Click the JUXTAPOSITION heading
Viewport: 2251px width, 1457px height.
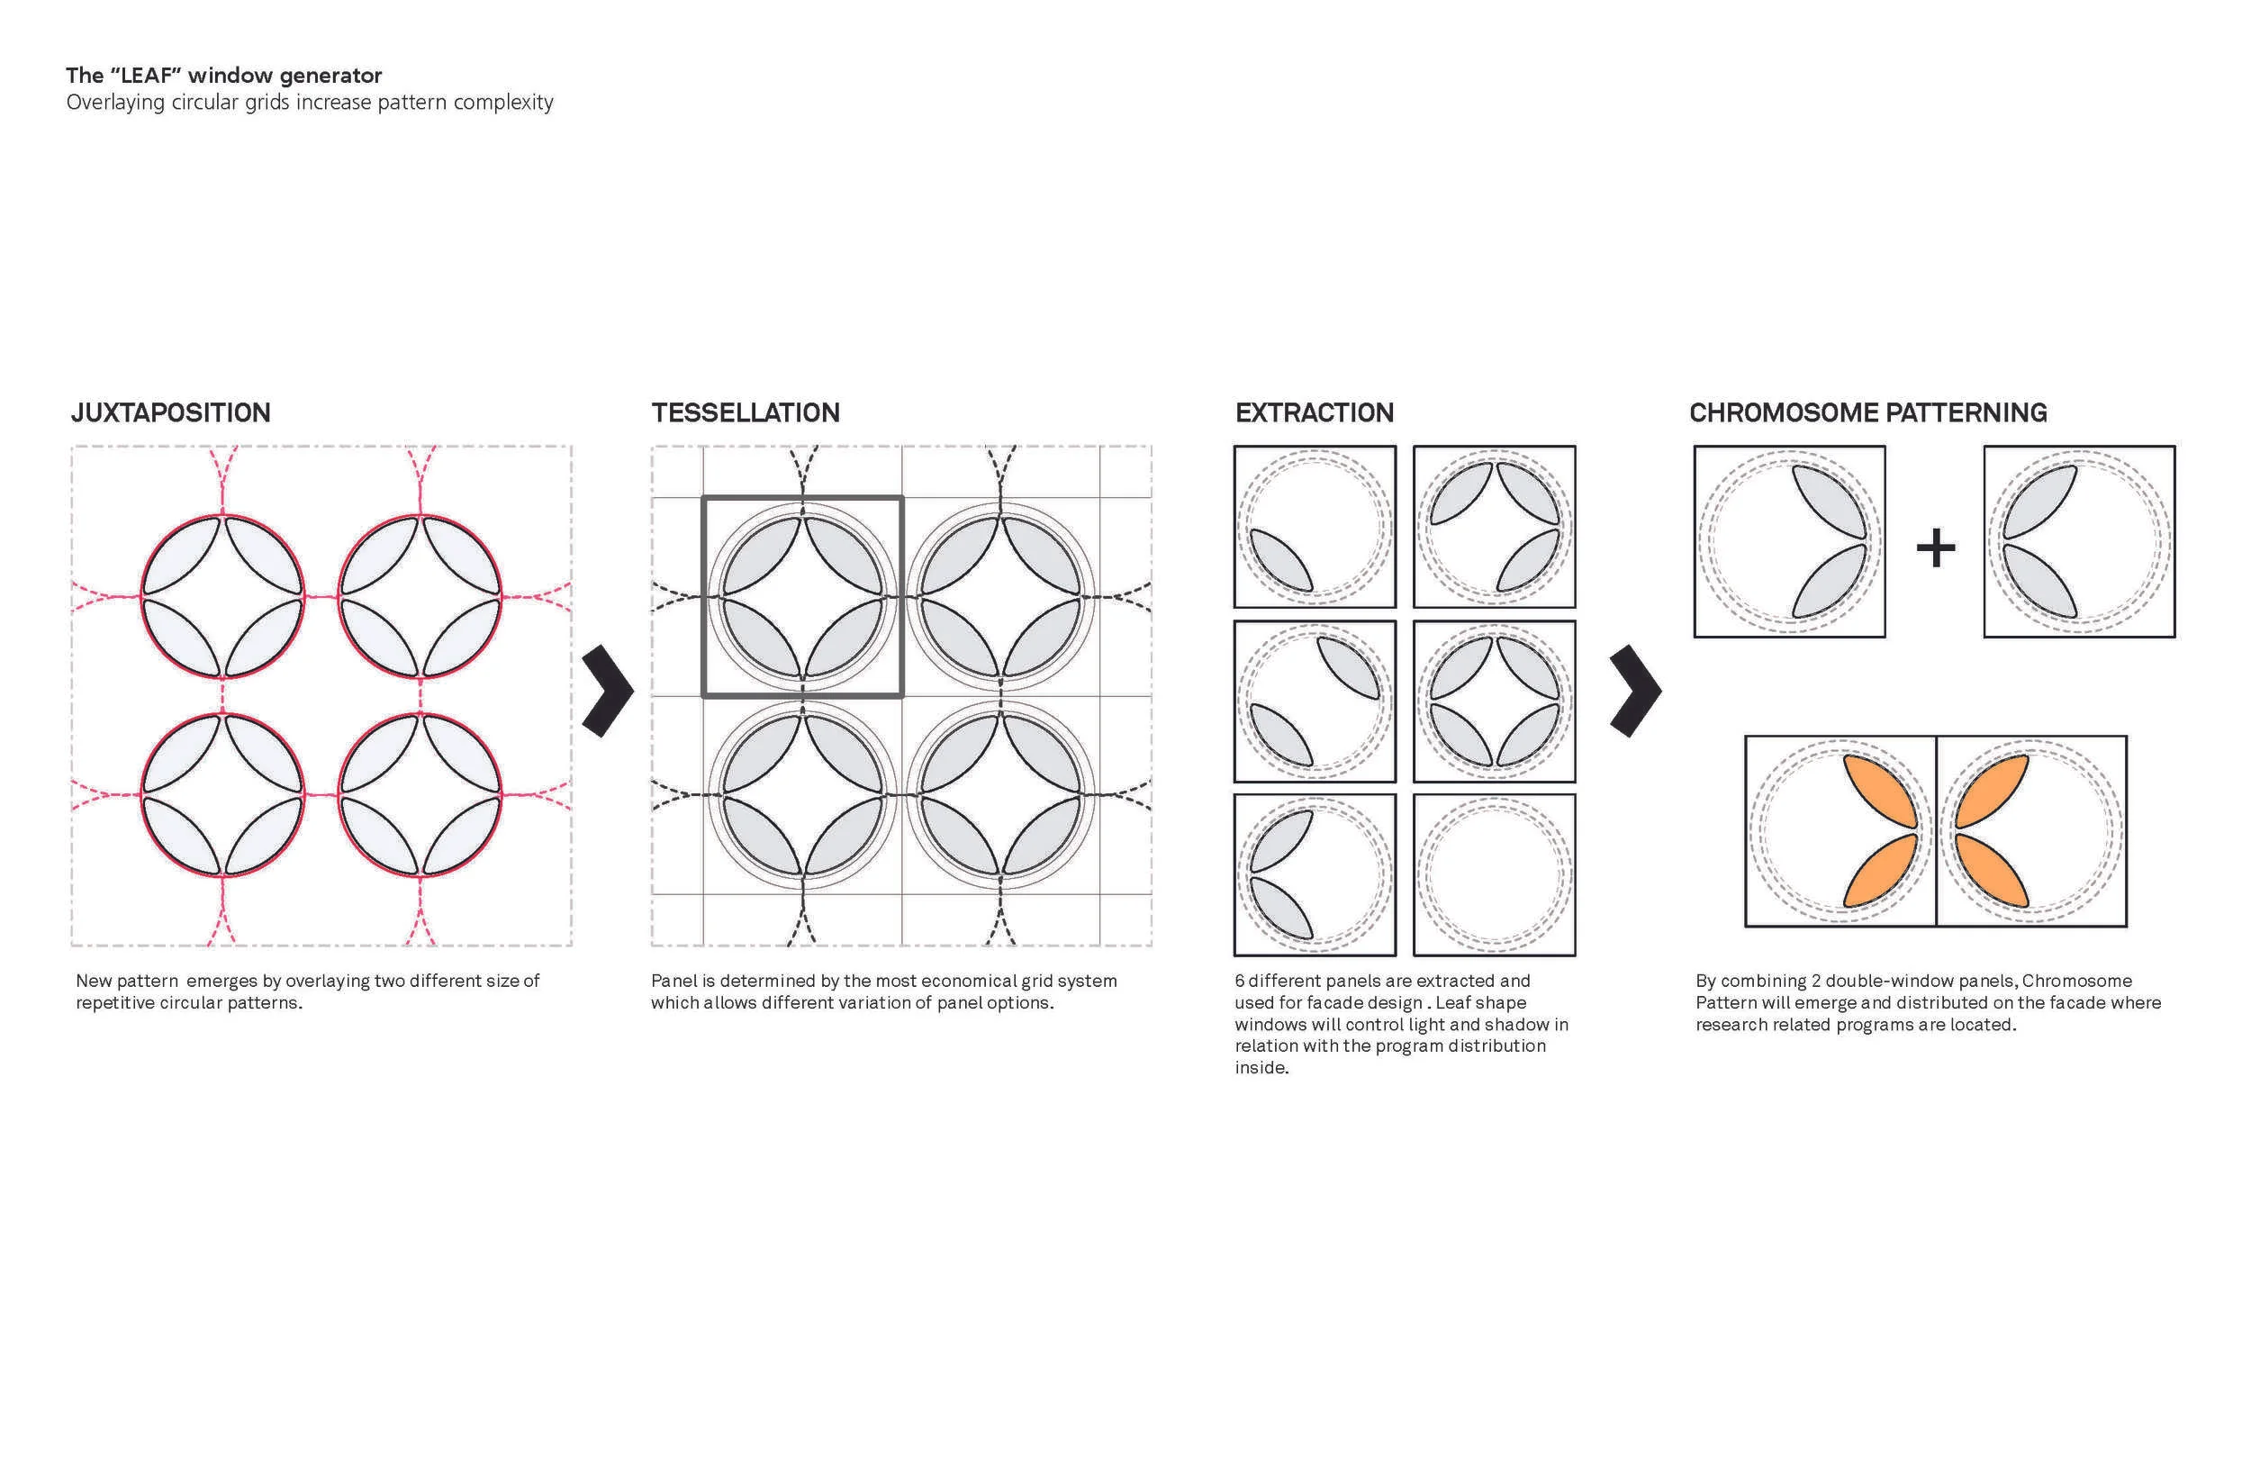coord(170,412)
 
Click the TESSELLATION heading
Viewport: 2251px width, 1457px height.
coord(746,412)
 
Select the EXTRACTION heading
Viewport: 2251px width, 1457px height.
coord(1314,412)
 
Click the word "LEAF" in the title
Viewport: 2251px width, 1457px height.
coord(146,76)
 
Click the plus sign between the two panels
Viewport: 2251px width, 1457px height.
coord(1935,548)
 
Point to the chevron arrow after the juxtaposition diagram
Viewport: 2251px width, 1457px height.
coord(607,691)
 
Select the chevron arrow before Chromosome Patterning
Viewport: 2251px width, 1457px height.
coord(1635,691)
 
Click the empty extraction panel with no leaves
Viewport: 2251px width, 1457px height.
coord(1495,874)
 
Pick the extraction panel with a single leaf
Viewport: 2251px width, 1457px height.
coord(1315,526)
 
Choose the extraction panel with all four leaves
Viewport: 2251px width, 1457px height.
coord(1495,701)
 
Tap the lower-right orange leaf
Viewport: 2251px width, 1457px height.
coord(1992,871)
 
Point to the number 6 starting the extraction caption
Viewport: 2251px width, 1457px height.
coord(1240,982)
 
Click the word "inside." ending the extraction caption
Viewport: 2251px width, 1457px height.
coord(1261,1068)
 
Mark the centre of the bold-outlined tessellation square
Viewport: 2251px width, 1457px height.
coord(802,596)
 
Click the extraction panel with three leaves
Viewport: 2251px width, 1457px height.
coord(1495,526)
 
